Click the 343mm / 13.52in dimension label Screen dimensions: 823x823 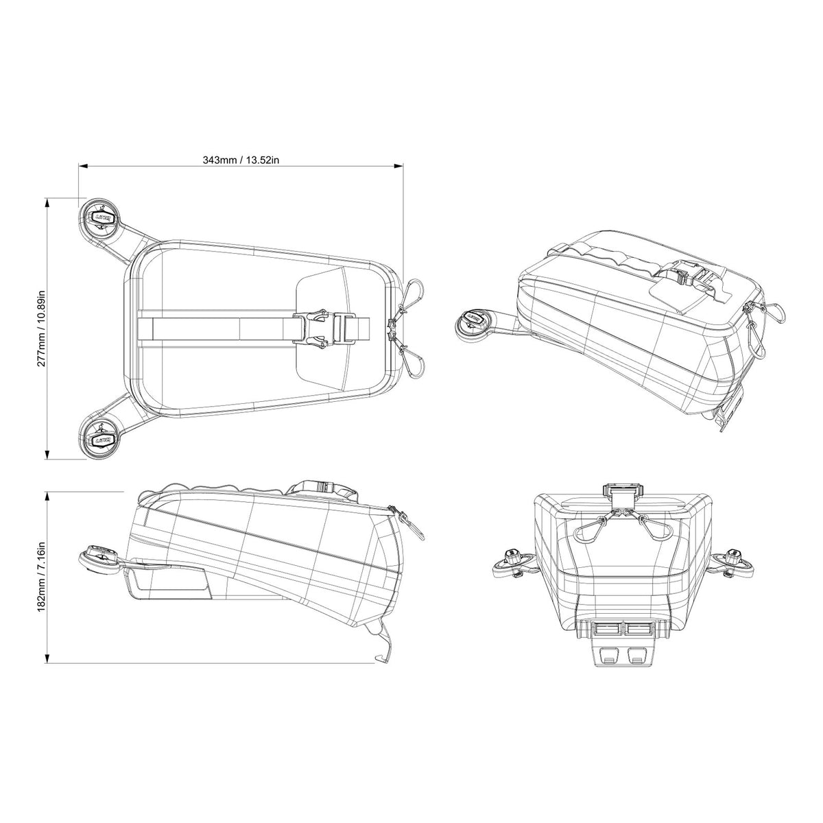(241, 160)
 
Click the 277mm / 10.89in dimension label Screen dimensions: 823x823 (42, 329)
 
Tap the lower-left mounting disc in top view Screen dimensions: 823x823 (100, 438)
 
